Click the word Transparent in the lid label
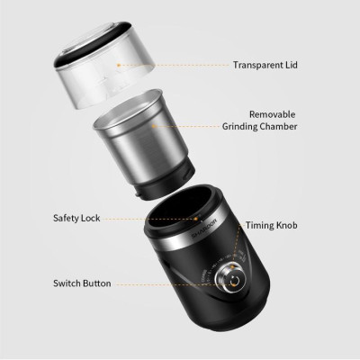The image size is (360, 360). coord(256,65)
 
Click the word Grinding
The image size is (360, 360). coord(245,128)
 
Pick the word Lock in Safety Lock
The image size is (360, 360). coord(94,218)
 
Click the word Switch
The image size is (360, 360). coord(66,283)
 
